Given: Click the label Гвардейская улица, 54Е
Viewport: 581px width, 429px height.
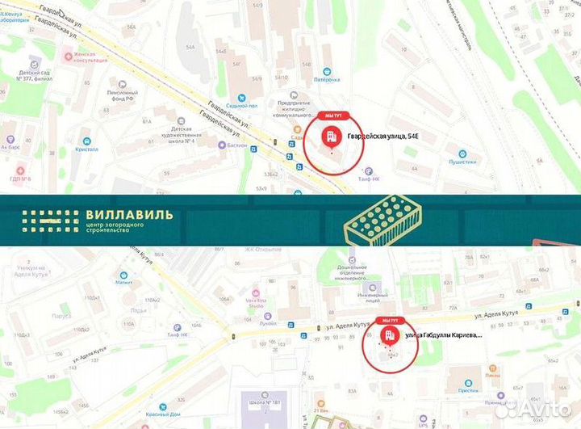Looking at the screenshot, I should pos(382,138).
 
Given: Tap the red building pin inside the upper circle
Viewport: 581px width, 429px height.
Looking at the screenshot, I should pos(331,136).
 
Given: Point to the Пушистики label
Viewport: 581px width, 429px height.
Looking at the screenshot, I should pos(462,161).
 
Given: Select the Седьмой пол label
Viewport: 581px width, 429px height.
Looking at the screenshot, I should pos(241,106).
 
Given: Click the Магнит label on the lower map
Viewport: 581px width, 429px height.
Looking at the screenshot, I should pos(123,283).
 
